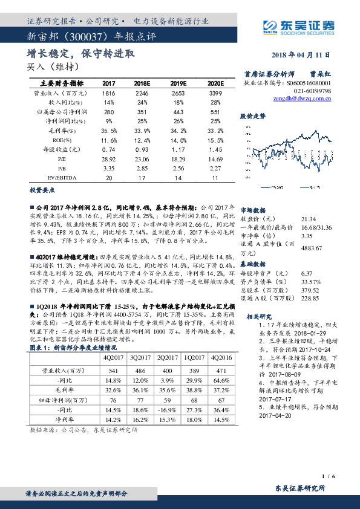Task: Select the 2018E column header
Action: click(x=141, y=83)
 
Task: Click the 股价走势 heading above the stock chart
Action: click(x=252, y=114)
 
